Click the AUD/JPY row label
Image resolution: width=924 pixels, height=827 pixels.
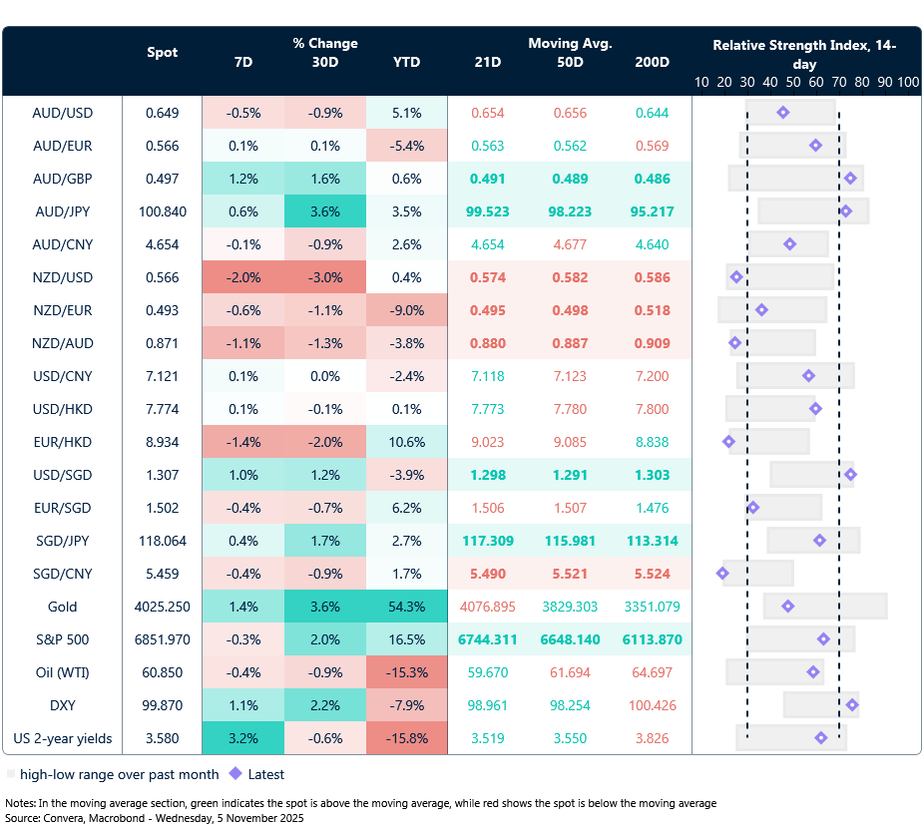62,211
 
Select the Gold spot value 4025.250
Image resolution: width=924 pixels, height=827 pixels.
162,607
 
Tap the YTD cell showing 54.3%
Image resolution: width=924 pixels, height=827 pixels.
406,607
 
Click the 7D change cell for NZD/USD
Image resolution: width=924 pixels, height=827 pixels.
243,277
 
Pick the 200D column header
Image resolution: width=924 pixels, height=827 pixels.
652,62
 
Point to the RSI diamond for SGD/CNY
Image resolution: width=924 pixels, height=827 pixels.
722,574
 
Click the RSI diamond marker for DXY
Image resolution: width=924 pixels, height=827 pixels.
852,705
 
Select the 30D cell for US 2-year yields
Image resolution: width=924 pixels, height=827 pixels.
325,738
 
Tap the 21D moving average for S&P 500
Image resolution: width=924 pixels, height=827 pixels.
488,639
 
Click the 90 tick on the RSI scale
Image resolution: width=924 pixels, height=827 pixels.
884,82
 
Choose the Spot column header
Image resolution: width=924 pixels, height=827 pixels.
162,52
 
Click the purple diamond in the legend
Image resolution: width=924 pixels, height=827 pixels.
236,774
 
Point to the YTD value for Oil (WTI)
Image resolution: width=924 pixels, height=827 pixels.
406,672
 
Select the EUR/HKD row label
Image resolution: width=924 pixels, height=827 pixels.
62,442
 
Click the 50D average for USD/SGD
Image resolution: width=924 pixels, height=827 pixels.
570,475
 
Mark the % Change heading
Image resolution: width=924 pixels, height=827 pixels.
325,43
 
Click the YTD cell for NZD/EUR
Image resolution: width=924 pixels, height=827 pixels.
406,310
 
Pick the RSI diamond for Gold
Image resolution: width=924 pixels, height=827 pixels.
787,607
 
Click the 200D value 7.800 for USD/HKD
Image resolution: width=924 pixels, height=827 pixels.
652,409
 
